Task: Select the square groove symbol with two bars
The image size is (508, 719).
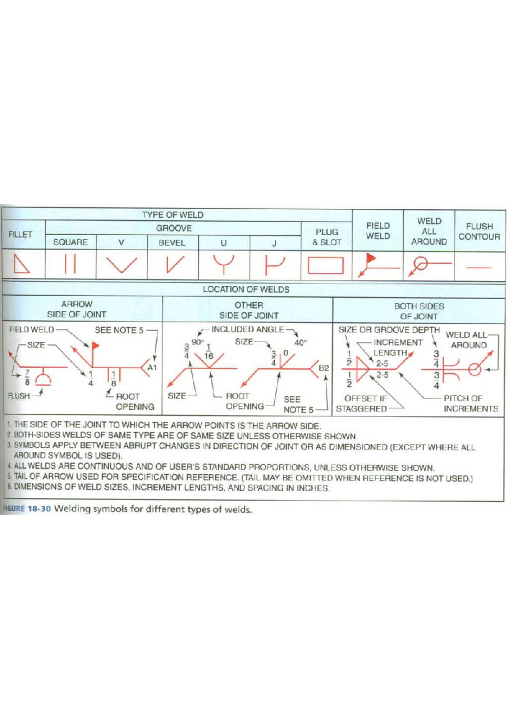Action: pyautogui.click(x=70, y=264)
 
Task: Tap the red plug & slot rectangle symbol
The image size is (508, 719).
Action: pyautogui.click(x=326, y=265)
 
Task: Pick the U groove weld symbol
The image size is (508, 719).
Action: pyautogui.click(x=224, y=264)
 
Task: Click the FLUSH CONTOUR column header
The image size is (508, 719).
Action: pyautogui.click(x=479, y=232)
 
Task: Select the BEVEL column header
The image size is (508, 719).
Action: pyautogui.click(x=172, y=243)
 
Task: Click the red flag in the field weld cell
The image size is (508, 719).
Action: pyautogui.click(x=371, y=257)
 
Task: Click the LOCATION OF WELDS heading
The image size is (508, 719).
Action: pyautogui.click(x=246, y=290)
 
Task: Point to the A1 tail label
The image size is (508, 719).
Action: pyautogui.click(x=152, y=368)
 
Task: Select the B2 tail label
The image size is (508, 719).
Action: pyautogui.click(x=323, y=368)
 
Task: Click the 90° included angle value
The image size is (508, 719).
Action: pyautogui.click(x=197, y=342)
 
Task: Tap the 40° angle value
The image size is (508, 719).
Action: pyautogui.click(x=300, y=343)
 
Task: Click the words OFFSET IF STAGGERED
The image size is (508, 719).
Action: pyautogui.click(x=363, y=404)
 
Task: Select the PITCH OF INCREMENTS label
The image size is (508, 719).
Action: pyautogui.click(x=470, y=404)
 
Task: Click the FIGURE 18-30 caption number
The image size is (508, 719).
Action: pyautogui.click(x=39, y=509)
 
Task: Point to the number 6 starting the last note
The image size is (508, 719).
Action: pyautogui.click(x=9, y=487)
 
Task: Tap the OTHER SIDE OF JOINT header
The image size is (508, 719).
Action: pyautogui.click(x=248, y=310)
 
